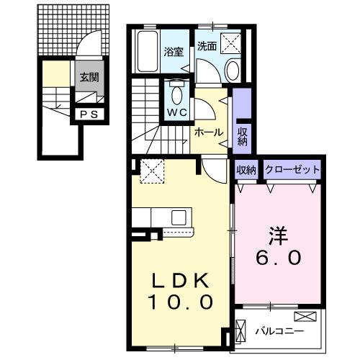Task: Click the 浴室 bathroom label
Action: (174, 52)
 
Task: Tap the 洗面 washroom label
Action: (207, 45)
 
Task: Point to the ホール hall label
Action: (208, 132)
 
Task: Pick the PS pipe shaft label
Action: (89, 114)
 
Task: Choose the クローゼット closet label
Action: (292, 170)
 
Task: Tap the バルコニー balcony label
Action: (279, 331)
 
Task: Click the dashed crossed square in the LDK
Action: (153, 172)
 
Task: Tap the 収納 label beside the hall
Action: (243, 135)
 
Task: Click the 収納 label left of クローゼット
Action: (246, 170)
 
